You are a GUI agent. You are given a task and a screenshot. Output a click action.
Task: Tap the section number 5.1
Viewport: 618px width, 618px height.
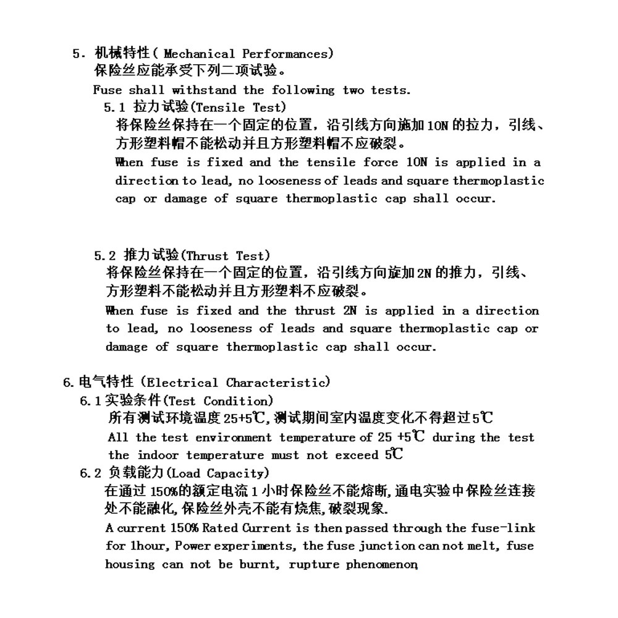[114, 108]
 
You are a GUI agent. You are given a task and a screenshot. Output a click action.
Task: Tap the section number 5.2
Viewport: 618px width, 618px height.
[105, 255]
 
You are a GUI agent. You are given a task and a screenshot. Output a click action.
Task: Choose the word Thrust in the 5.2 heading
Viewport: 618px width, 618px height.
[206, 255]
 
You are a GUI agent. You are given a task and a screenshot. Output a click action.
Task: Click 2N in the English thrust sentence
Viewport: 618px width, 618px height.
[349, 311]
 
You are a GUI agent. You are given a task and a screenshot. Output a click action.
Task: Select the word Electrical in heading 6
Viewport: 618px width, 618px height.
[183, 383]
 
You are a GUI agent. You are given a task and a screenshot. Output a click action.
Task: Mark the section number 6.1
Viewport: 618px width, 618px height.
[90, 401]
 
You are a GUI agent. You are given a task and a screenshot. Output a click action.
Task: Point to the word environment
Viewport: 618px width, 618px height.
[234, 438]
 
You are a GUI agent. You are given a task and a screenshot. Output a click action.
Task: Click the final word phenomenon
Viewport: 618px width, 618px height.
[381, 564]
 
